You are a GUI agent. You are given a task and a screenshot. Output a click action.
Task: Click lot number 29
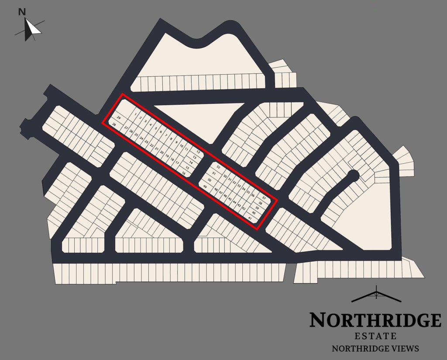pos(118,118)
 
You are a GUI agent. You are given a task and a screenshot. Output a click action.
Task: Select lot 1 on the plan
pos(136,115)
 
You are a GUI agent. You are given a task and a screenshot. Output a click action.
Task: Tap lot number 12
pos(198,152)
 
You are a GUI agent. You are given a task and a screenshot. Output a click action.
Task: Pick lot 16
pos(184,173)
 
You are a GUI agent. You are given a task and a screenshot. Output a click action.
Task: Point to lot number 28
pos(114,124)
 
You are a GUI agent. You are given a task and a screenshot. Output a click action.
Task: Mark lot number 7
pos(166,135)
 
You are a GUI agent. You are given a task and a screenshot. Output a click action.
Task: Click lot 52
pos(218,167)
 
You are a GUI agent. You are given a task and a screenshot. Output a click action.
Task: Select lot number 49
pos(205,186)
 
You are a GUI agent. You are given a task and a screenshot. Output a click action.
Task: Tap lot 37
pos(264,198)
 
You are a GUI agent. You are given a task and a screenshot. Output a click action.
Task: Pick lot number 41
pos(250,218)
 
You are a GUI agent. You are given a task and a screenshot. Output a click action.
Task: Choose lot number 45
pos(230,199)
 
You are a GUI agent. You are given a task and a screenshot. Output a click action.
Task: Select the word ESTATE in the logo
pos(375,336)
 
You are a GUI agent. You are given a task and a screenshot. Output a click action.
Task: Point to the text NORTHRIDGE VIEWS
pos(375,349)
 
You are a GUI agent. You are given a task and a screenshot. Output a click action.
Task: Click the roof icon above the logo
pos(376,295)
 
